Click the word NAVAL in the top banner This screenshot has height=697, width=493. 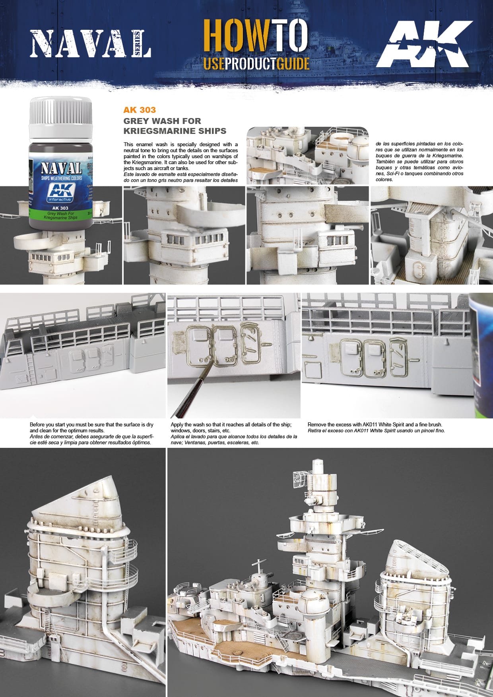83,44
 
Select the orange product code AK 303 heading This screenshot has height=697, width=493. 140,110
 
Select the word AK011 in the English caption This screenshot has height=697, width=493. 371,425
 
